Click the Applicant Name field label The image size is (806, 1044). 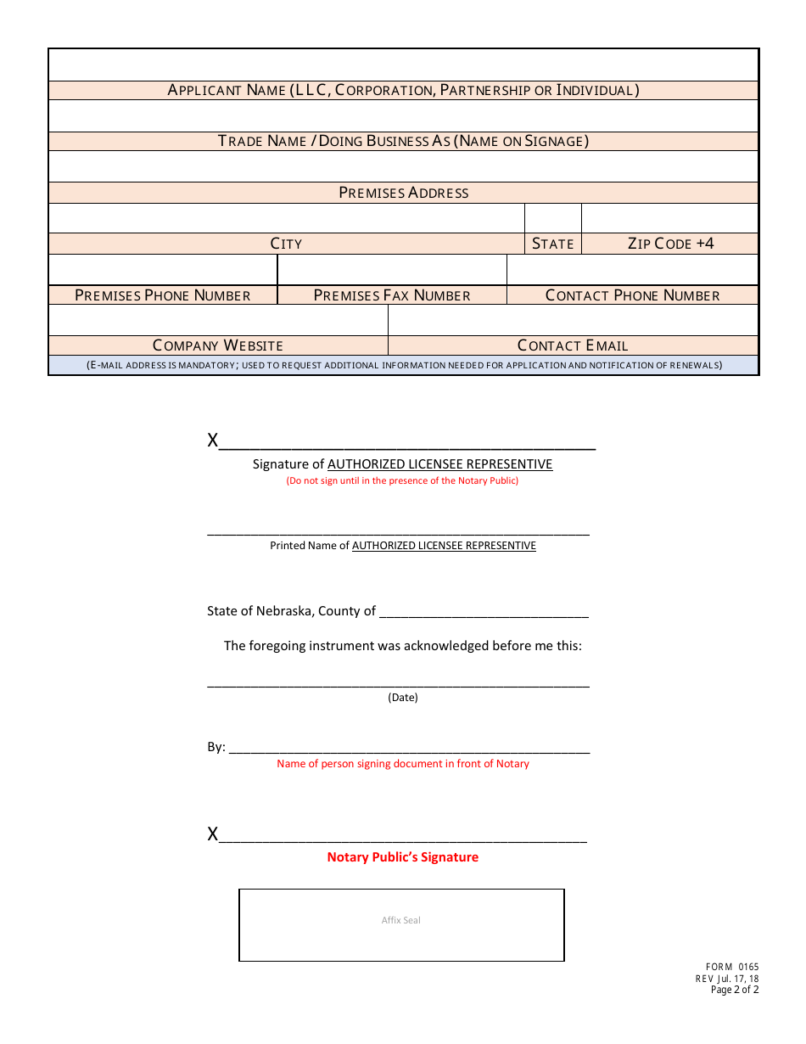pos(403,90)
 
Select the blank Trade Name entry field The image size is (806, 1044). pos(403,115)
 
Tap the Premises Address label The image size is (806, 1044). pos(403,193)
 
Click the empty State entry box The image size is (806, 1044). pos(552,218)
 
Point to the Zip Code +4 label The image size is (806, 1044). pos(670,244)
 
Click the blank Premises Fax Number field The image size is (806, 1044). pos(392,270)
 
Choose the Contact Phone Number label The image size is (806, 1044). pos(632,295)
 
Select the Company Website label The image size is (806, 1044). pos(218,345)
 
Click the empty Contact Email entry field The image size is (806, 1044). pos(573,320)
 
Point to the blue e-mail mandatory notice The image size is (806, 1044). pos(403,366)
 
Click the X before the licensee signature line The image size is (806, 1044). pos(213,441)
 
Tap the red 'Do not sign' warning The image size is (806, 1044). pos(402,480)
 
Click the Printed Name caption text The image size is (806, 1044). pos(403,546)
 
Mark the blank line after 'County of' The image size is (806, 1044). pos(484,612)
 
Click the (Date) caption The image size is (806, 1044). pos(403,698)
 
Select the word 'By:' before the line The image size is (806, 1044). pos(216,747)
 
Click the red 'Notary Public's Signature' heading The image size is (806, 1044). pos(403,857)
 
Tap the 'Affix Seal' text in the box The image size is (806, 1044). pos(401,920)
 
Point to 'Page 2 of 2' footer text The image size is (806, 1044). pos(735,990)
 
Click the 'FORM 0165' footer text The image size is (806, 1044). pos(732,967)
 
